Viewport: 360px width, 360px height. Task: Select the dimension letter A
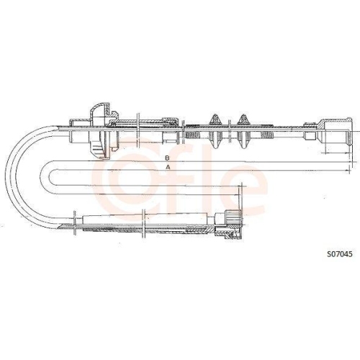coord(167,167)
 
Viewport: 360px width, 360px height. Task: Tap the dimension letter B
coord(167,156)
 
